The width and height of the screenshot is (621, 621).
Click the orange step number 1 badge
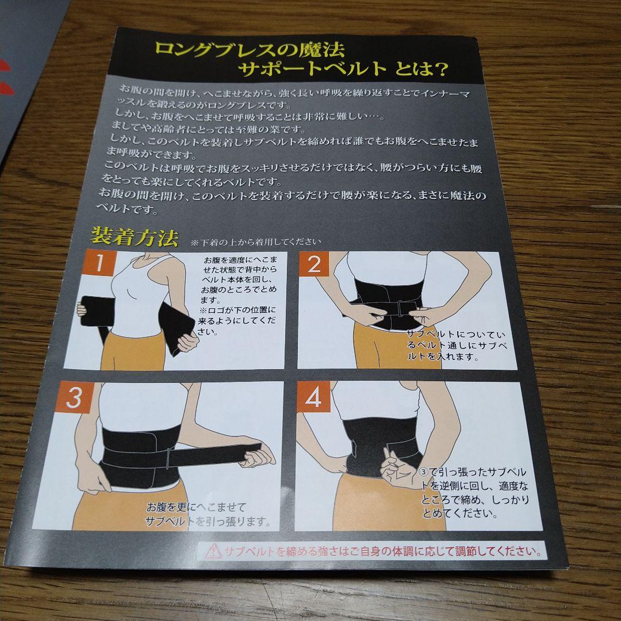point(99,262)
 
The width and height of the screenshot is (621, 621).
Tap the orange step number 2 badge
point(314,263)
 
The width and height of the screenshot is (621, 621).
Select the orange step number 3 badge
point(75,397)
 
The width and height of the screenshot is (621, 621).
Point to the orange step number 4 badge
point(313,396)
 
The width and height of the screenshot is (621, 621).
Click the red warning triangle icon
point(214,551)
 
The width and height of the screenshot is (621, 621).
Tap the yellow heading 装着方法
point(134,236)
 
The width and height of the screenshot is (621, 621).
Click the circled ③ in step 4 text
point(424,471)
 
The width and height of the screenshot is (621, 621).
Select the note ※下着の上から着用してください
point(255,242)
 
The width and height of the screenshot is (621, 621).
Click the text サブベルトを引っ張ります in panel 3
point(208,521)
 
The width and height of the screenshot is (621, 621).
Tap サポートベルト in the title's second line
point(312,70)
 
